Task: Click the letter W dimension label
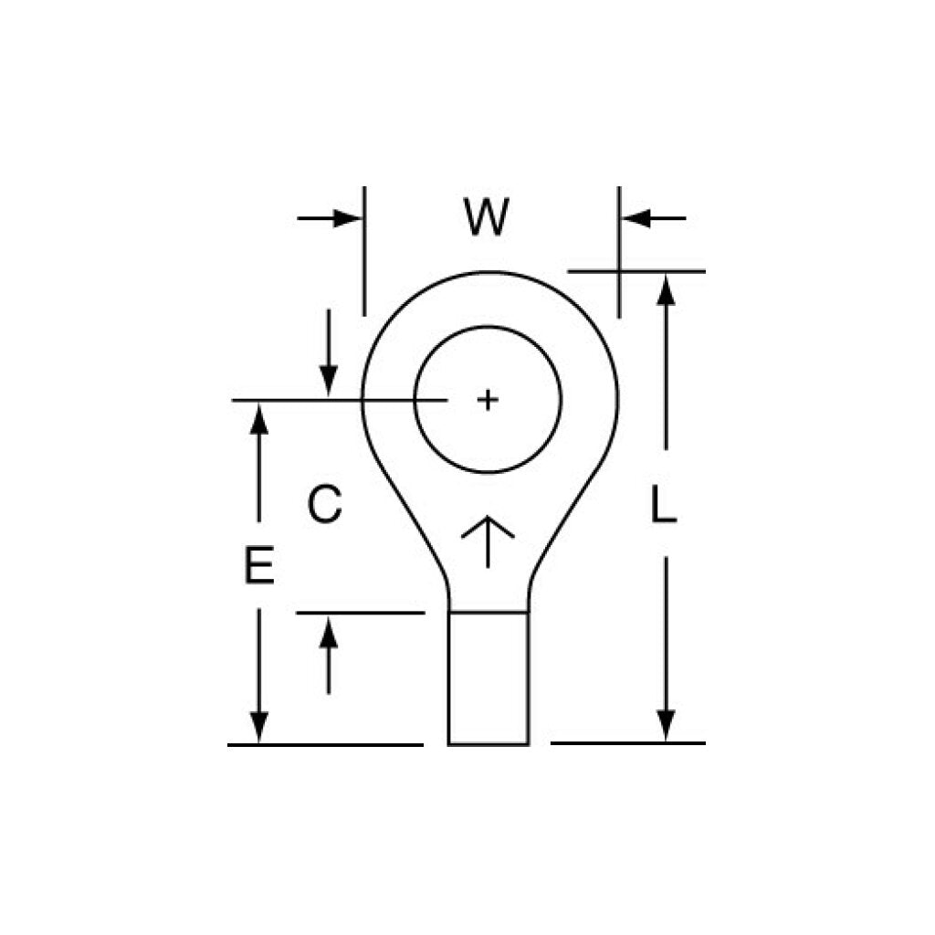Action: [x=487, y=217]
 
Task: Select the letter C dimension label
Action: [x=325, y=504]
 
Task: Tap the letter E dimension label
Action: [x=259, y=564]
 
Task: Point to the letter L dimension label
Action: [x=664, y=504]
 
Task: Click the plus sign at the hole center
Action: [x=488, y=400]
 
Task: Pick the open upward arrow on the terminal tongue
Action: [x=488, y=541]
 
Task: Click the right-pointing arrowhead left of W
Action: [x=347, y=218]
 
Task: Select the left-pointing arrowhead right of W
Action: [x=636, y=218]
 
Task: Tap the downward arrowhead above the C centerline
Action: [x=329, y=381]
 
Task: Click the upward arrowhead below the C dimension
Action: [x=329, y=633]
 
